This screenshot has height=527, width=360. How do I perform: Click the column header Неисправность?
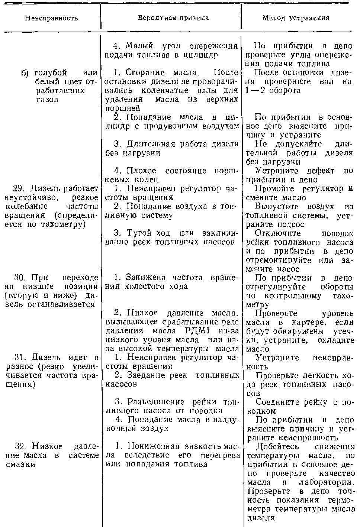point(51,18)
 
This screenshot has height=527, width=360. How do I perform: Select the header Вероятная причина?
point(171,18)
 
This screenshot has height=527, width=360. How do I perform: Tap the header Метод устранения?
point(296,18)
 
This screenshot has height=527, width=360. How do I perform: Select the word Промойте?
point(277,189)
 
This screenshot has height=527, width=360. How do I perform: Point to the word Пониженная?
point(151,446)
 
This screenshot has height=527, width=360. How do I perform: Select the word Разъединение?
point(155,402)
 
